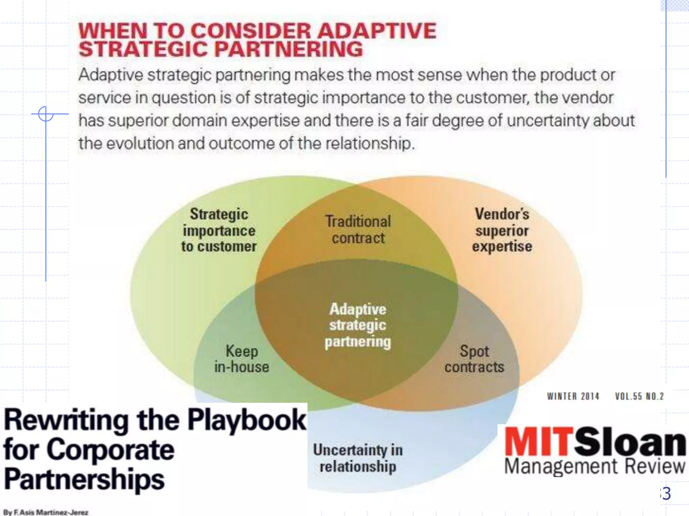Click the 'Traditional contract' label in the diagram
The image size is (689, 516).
pos(358,230)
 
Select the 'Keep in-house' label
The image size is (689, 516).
pos(242,359)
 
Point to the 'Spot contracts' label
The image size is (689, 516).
pos(474,359)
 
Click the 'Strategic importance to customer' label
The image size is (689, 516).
pos(219,230)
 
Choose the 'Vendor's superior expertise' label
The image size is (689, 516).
pos(502,230)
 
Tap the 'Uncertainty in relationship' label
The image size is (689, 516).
pos(358,458)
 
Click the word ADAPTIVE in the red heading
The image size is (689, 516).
pos(377,31)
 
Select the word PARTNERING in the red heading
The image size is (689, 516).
pos(289,49)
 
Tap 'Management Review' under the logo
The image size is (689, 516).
pos(594,467)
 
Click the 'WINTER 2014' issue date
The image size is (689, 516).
pos(573,396)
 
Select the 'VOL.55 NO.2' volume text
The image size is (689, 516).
pos(639,396)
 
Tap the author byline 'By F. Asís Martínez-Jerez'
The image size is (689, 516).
pos(46,512)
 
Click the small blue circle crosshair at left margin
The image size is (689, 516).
pos(46,114)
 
